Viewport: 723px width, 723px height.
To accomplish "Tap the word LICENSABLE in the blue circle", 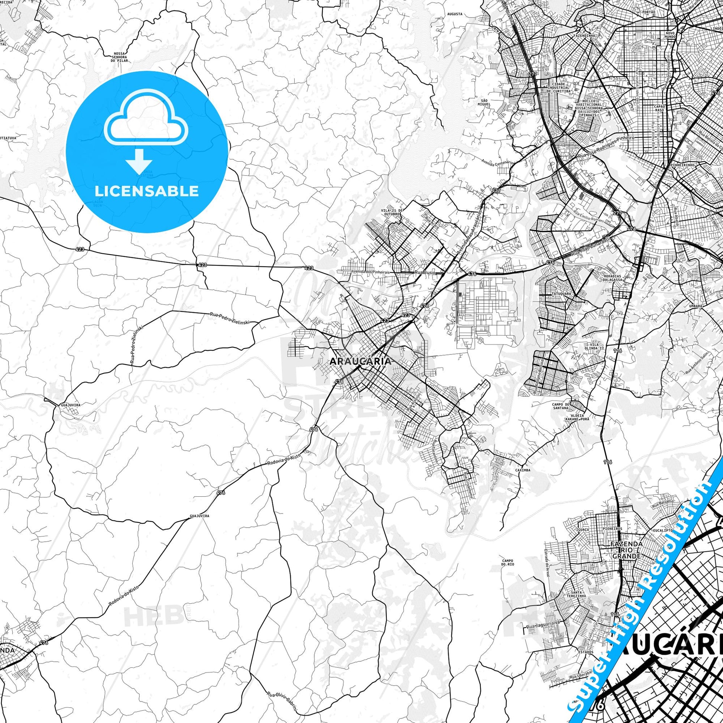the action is tap(147, 191).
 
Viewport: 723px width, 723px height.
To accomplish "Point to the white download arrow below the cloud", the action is tap(139, 161).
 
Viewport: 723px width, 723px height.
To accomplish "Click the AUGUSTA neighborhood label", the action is tap(455, 14).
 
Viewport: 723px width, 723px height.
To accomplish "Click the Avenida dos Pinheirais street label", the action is tap(370, 272).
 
